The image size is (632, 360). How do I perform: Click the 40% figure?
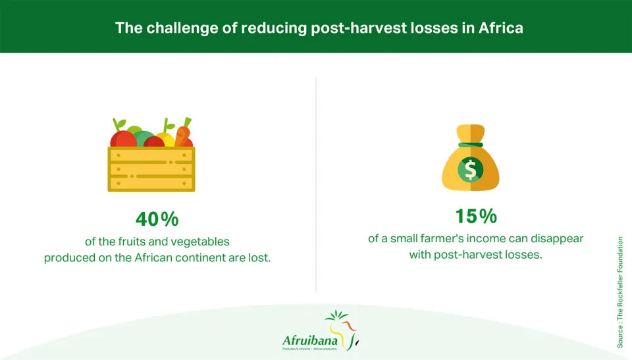pos(157,219)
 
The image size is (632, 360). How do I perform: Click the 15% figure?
pos(475,216)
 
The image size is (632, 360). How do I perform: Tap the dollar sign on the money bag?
pos(470,170)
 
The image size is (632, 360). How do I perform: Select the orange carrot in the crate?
pos(182,132)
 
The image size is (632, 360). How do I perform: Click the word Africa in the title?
pos(500,28)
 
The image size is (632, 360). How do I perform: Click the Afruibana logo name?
pos(310,340)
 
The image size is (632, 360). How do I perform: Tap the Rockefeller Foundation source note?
pos(620,292)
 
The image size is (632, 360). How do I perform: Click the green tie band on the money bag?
pos(470,145)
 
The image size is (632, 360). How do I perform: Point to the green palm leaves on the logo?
pos(338,315)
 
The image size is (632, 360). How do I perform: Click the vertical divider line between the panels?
pos(316,185)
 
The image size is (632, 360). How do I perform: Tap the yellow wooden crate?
pos(151,169)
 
